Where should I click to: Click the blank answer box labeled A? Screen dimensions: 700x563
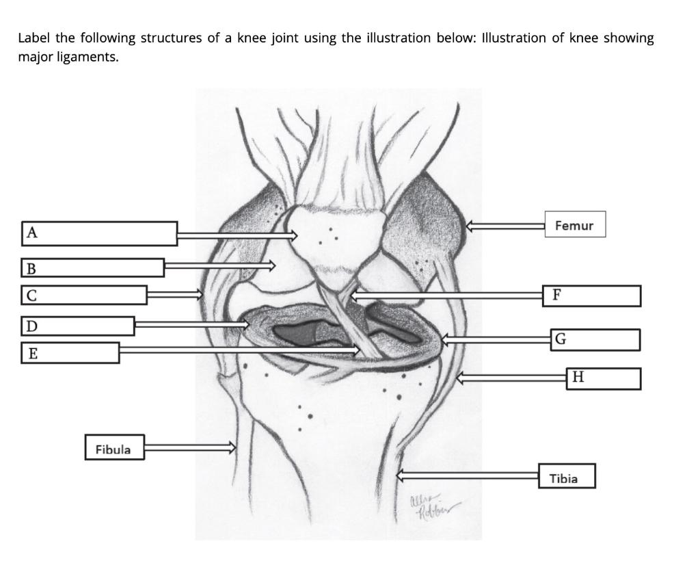[100, 233]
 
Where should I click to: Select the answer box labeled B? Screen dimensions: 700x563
[93, 267]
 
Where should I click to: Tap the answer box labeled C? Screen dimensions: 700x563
[84, 295]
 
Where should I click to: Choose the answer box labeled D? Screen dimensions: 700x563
[77, 326]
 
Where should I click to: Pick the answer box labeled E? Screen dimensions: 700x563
[70, 353]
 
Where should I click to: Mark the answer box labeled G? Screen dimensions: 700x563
[595, 339]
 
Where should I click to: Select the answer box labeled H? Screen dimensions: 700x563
[604, 378]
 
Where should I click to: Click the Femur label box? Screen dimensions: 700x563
[575, 224]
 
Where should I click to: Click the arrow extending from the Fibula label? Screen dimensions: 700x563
[189, 447]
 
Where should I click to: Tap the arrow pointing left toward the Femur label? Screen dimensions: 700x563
[505, 225]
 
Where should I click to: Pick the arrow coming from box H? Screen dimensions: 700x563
[512, 376]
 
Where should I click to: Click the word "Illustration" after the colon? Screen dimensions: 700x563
[513, 38]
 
